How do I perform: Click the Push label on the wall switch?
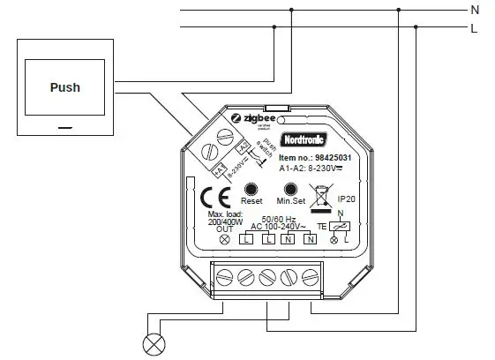tap(64, 87)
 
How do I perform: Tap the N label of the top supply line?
tap(474, 10)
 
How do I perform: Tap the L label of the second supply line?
tap(474, 28)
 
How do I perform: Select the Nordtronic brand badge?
tap(303, 140)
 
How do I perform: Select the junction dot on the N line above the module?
tap(292, 10)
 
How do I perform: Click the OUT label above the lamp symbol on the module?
tap(225, 230)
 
